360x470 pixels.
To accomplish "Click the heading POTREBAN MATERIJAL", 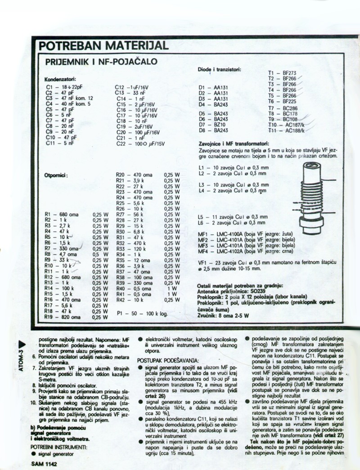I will [104, 46].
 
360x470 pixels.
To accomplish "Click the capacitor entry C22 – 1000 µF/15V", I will [140, 144].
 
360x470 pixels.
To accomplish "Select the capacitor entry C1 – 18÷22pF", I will [63, 87].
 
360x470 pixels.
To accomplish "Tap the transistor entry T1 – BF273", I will [282, 73].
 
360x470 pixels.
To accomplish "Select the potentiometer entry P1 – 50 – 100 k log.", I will [142, 312].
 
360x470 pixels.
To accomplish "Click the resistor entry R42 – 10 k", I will [130, 300].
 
